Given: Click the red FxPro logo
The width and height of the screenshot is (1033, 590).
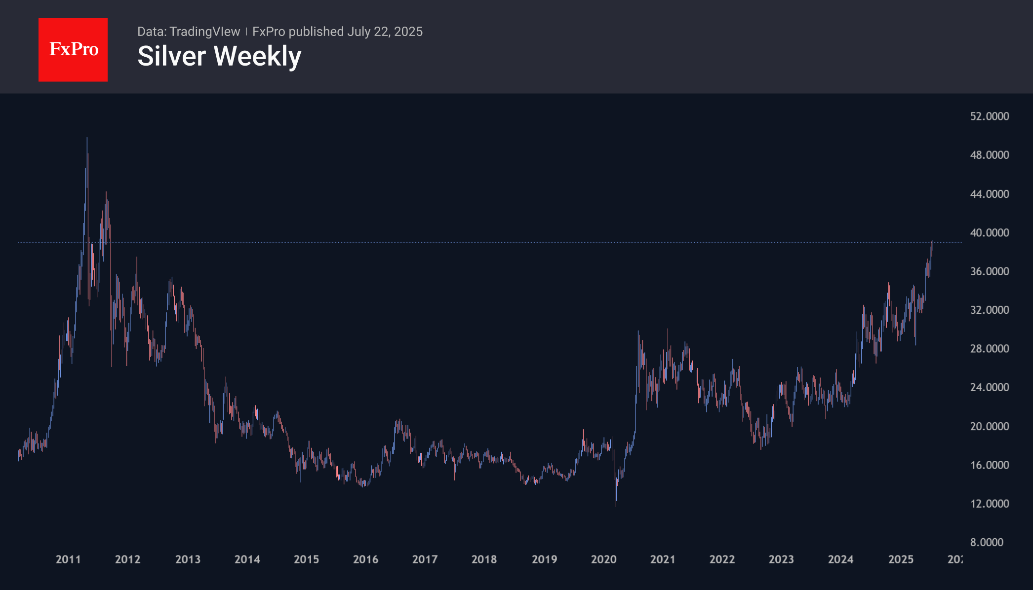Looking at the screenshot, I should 73,49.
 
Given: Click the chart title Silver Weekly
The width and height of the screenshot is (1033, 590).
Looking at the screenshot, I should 219,56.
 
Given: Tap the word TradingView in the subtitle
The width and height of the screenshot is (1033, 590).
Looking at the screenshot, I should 204,32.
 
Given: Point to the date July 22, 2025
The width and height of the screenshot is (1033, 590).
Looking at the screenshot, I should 385,32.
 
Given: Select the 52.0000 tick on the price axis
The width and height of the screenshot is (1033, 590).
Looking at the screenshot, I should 990,116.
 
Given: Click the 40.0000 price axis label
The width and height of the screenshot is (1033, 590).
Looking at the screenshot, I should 990,233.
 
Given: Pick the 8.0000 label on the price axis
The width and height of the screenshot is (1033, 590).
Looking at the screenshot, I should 987,543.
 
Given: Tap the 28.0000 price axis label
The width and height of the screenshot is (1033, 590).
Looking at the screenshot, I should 990,349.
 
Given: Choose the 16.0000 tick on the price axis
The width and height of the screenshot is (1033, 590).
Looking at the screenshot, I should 990,465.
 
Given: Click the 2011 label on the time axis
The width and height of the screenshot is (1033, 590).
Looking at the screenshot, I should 68,559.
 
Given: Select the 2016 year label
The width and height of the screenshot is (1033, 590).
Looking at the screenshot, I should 365,559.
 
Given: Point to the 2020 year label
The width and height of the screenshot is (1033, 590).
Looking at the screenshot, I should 603,559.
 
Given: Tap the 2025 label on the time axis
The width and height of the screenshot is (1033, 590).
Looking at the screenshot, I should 901,559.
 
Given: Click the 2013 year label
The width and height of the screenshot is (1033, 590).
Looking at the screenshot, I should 188,559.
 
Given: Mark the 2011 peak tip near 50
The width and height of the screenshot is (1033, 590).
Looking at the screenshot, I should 87,139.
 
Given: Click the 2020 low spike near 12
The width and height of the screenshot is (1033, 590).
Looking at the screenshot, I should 615,505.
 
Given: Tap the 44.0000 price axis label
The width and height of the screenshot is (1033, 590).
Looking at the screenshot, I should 990,194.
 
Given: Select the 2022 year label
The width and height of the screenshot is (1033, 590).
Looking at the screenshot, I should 722,559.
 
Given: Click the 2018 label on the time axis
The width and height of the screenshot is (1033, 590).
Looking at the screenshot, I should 484,559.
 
